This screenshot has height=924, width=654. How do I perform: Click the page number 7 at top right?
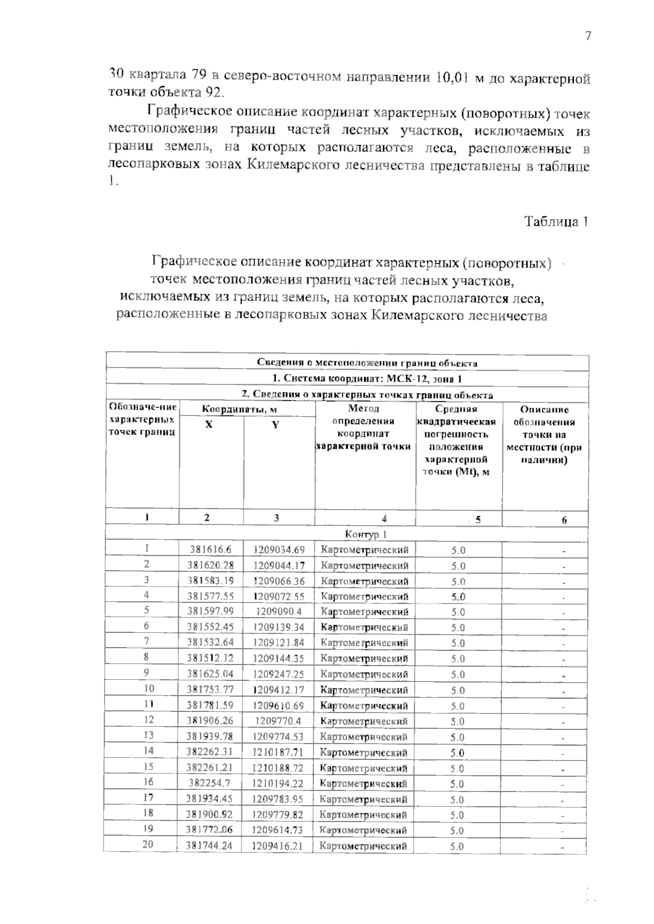588,36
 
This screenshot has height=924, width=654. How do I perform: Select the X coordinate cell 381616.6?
210,550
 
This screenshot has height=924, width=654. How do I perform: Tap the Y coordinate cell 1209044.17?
278,566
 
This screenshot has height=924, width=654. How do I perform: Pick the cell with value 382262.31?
210,753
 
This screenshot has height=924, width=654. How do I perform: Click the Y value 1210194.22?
278,784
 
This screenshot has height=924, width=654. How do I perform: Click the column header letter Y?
275,425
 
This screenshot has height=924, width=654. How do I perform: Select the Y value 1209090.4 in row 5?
278,612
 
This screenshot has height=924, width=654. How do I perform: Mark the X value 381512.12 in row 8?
210,659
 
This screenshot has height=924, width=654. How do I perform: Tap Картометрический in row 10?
364,690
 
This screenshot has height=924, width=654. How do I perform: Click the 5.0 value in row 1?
458,551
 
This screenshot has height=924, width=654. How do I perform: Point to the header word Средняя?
456,409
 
